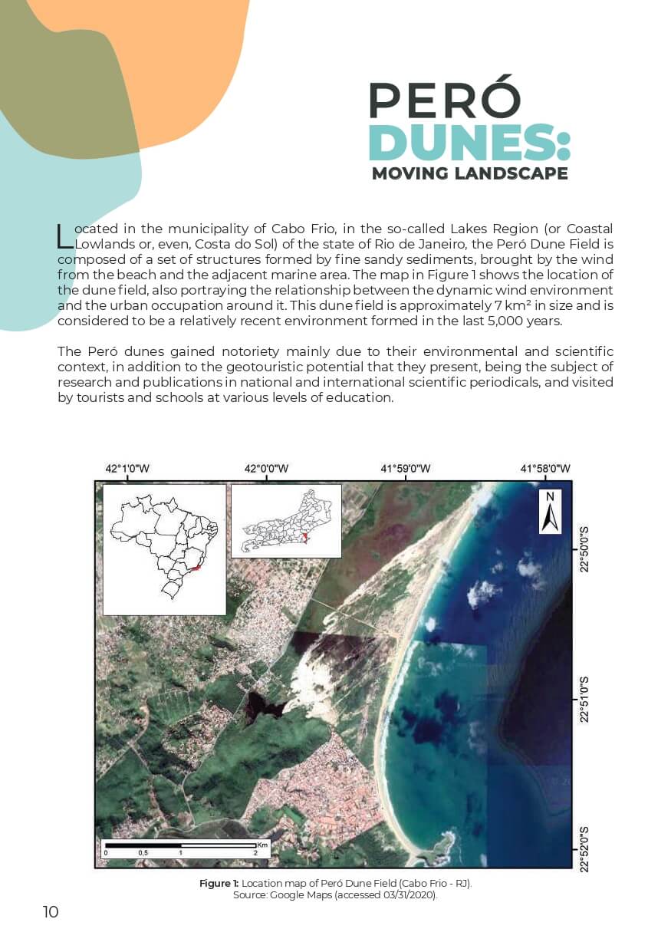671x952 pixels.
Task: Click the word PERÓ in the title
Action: (x=444, y=100)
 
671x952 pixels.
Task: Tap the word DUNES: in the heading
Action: (x=469, y=143)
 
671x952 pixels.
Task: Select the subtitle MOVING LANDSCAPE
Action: (x=469, y=173)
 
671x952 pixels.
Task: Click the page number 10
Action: (x=51, y=911)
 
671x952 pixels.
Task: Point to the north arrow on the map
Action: (x=550, y=512)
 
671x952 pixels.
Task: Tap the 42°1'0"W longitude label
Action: (x=127, y=469)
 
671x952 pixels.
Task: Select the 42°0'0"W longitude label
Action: (x=266, y=469)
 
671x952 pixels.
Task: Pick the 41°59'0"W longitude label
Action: (x=406, y=469)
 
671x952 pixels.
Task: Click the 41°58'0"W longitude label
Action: (x=545, y=469)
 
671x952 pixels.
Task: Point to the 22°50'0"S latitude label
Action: (x=585, y=548)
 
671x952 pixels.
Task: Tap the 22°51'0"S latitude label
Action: (x=585, y=699)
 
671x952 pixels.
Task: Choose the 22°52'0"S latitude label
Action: (x=585, y=848)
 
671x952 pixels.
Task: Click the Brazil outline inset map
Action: (x=164, y=549)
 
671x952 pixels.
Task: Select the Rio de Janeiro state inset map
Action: (x=285, y=520)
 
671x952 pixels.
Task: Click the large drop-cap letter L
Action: (x=65, y=236)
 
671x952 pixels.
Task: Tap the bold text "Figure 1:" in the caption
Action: (x=219, y=883)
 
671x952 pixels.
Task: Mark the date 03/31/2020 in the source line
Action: (x=406, y=895)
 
